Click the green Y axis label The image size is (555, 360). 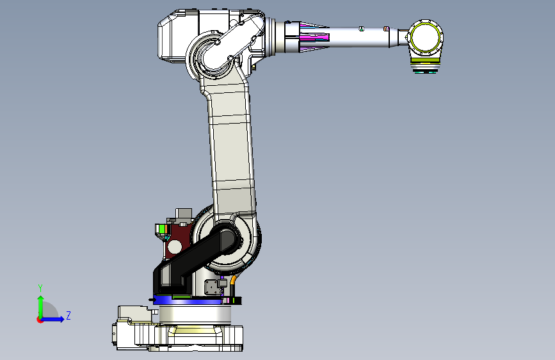tap(40, 288)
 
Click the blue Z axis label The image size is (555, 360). tap(68, 315)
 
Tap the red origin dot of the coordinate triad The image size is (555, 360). tap(40, 320)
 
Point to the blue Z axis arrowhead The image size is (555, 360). tap(62, 319)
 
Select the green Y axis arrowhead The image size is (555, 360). tap(41, 299)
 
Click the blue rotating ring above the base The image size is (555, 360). tap(188, 300)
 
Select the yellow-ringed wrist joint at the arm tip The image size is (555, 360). tap(425, 38)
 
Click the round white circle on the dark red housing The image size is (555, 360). tap(175, 246)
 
